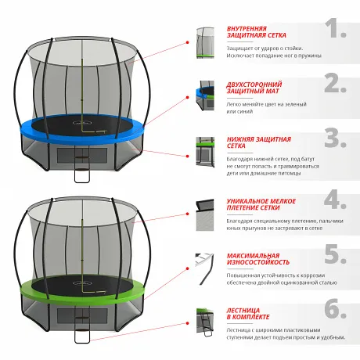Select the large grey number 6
coord(336,308)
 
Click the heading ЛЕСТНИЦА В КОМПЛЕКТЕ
coord(248,314)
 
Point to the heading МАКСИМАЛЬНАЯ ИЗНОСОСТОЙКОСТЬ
coord(258,259)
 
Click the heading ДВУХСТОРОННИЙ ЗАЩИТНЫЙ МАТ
coord(254,88)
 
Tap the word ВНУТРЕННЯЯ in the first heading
coord(243,28)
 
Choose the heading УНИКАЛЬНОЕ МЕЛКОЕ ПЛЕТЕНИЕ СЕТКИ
coord(261,204)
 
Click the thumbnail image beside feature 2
coord(205,95)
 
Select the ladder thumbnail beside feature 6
coord(205,322)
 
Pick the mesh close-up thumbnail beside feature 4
coord(205,215)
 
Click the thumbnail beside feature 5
coord(204,269)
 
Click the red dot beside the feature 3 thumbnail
coord(187,156)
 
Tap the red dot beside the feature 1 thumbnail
coord(187,42)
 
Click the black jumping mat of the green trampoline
coord(82,285)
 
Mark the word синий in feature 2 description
coord(246,111)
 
